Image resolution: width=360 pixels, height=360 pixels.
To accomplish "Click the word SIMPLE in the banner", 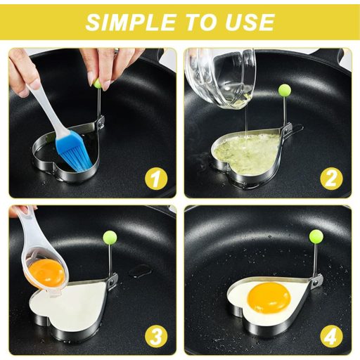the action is tap(131, 22).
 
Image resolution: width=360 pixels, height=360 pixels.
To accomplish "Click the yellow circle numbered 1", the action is tap(156, 179).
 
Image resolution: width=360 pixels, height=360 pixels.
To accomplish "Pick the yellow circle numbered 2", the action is tap(331, 179).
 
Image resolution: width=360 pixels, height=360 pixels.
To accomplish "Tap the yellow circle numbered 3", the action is tap(156, 337).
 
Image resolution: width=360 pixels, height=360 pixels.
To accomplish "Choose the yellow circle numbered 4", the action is tap(332, 337).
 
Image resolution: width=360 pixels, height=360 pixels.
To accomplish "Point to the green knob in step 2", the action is tap(285, 89).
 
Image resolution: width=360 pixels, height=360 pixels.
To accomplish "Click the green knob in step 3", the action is tap(110, 238).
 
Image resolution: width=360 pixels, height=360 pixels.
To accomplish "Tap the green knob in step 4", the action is tap(316, 236).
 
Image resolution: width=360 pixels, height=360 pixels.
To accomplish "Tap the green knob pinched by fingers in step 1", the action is tap(98, 83).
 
